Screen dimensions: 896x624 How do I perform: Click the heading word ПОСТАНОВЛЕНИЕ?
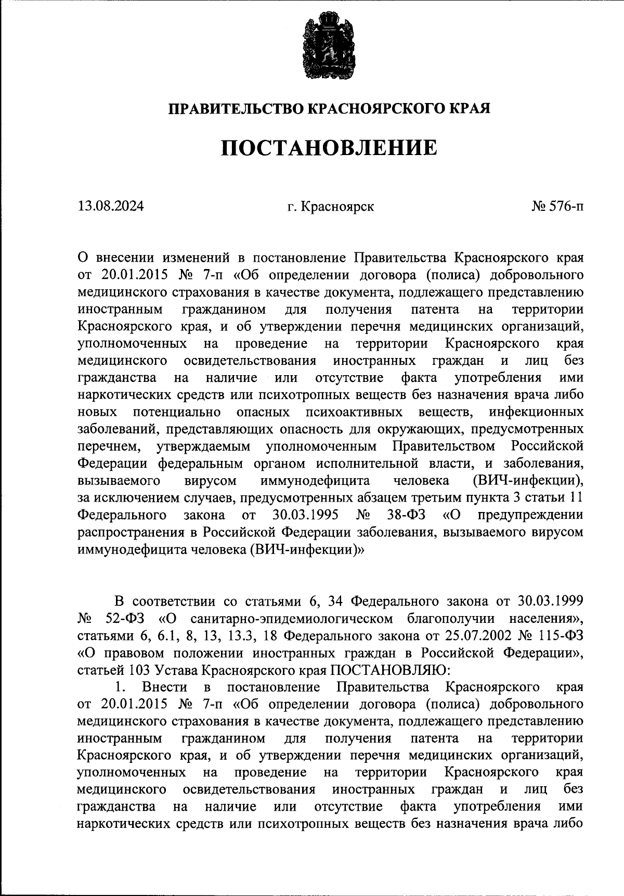click(x=329, y=148)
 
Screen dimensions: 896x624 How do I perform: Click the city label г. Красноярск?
click(x=330, y=207)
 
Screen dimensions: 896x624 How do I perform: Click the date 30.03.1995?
click(x=305, y=515)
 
